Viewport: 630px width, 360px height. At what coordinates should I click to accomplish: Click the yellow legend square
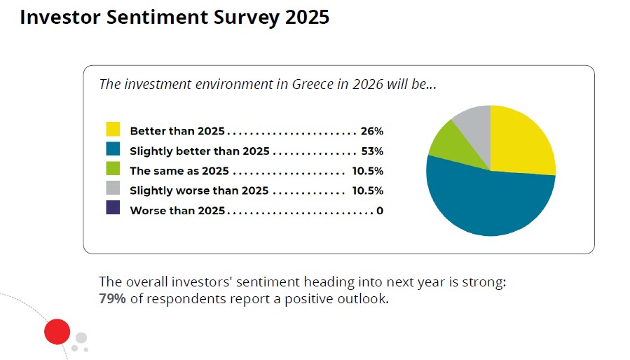113,130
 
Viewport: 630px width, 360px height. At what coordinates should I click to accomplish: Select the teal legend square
113,149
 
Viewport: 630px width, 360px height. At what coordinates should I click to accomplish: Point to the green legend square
113,169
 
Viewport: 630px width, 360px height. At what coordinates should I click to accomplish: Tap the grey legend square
113,188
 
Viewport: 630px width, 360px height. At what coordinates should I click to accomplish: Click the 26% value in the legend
371,132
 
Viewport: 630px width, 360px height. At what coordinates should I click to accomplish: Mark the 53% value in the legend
371,151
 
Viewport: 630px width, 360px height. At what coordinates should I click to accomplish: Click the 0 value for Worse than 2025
379,211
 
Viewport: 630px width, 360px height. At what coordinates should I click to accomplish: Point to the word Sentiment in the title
176,18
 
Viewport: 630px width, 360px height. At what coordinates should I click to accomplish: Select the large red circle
57,331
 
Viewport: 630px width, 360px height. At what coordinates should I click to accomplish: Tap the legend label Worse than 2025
177,211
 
